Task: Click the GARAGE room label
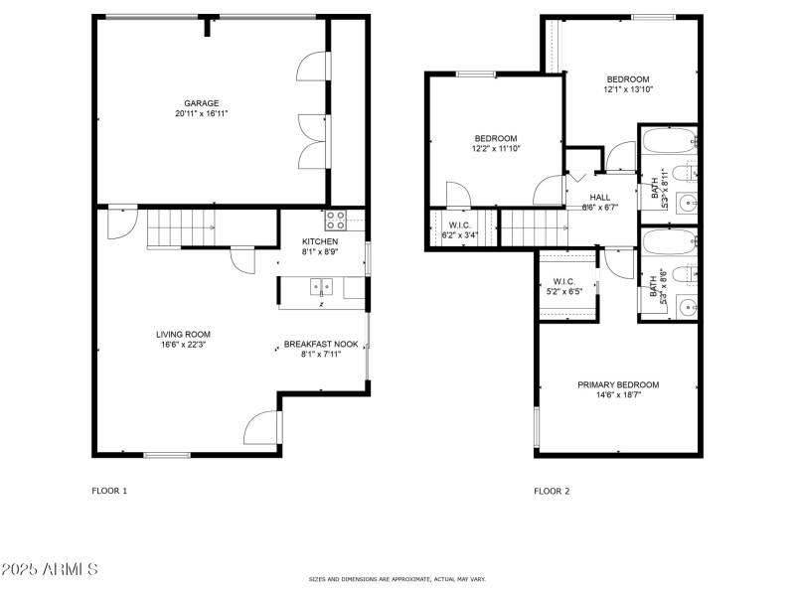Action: click(x=201, y=102)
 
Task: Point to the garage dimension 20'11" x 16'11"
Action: click(x=201, y=114)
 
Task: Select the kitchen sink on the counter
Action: click(x=321, y=287)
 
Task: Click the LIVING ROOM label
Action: click(x=183, y=334)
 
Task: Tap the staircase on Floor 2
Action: click(x=535, y=228)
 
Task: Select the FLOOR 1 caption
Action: click(x=109, y=491)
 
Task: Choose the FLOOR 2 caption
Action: click(x=552, y=491)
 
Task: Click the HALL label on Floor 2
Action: click(x=600, y=197)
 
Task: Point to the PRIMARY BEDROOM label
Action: click(x=618, y=384)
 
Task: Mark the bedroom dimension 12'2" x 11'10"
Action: click(x=495, y=149)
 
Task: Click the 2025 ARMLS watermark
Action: click(x=50, y=570)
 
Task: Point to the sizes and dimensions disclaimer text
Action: click(x=397, y=579)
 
